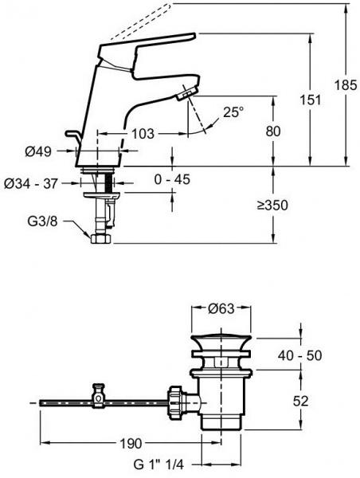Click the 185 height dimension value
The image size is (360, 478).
point(346,85)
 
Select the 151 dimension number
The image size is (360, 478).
point(311,100)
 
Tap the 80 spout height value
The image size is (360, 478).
point(273,131)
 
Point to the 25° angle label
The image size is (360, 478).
point(233,112)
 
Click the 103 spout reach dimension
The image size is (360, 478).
point(143,134)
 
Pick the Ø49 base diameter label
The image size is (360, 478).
point(38,151)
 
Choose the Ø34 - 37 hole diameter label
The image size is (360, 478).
point(31,183)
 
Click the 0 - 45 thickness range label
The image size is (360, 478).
point(172,179)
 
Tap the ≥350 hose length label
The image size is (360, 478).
point(272,206)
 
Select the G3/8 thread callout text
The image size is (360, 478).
point(43,221)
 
